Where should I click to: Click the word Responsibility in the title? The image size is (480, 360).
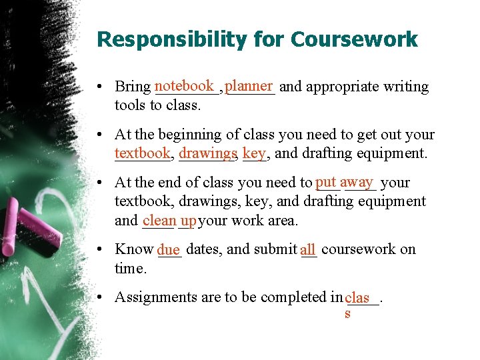point(169,39)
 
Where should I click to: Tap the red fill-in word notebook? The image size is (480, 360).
point(184,86)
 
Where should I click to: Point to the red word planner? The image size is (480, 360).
point(249,86)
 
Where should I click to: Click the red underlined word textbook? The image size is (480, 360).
point(142,153)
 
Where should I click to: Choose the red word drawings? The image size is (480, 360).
point(207,153)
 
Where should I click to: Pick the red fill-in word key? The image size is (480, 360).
point(254,153)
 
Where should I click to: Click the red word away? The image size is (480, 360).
point(356,182)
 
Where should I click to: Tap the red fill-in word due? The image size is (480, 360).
point(169,250)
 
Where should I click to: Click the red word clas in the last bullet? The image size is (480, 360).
point(358,297)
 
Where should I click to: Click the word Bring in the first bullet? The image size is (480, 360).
point(133,87)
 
